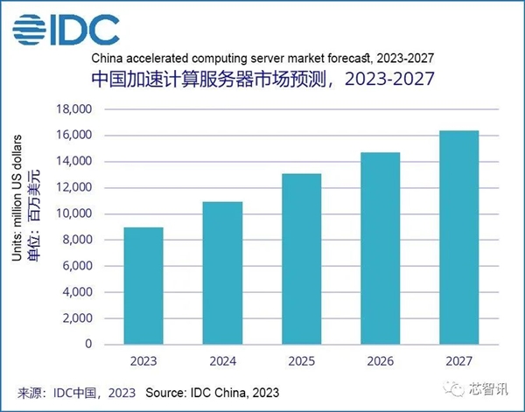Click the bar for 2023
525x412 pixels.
point(143,286)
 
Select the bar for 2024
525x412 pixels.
point(222,273)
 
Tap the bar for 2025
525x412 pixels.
point(301,259)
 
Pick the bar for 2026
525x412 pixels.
point(380,248)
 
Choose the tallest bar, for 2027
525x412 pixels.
point(458,237)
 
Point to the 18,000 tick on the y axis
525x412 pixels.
point(73,109)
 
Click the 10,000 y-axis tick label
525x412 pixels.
point(73,213)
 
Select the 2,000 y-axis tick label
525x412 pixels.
point(75,318)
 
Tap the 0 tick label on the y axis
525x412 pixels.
point(88,345)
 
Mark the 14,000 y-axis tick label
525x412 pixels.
point(73,162)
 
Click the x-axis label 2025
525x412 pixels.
point(301,360)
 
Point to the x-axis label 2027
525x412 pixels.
point(458,360)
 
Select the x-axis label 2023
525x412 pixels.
point(143,360)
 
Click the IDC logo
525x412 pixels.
point(66,29)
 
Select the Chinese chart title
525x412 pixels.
point(262,80)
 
